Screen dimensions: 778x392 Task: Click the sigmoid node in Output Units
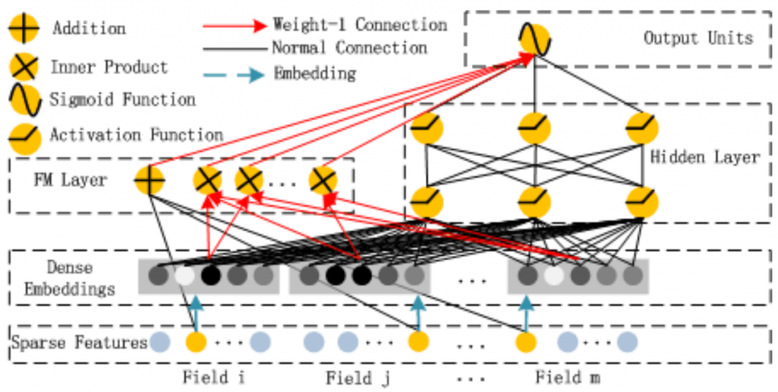(x=534, y=40)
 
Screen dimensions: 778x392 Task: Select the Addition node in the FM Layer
(x=150, y=180)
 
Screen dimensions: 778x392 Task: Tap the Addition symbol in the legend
(x=24, y=28)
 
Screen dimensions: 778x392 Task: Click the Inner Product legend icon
(x=24, y=67)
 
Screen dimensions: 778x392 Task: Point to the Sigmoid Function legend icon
(x=24, y=100)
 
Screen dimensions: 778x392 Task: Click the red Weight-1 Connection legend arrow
(x=235, y=25)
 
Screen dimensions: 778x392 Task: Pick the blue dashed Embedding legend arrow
(x=235, y=75)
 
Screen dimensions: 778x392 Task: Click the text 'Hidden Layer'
(x=704, y=158)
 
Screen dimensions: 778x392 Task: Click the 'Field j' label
(x=357, y=378)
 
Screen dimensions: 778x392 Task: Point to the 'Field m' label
(x=568, y=378)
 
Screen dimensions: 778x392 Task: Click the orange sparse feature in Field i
(x=196, y=343)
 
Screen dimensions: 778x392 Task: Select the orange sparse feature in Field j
(x=419, y=343)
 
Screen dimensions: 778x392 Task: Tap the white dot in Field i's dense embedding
(x=185, y=276)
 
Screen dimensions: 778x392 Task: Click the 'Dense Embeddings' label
(x=69, y=278)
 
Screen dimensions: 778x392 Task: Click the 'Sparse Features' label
(x=80, y=343)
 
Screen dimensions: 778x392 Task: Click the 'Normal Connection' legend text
(x=349, y=48)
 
